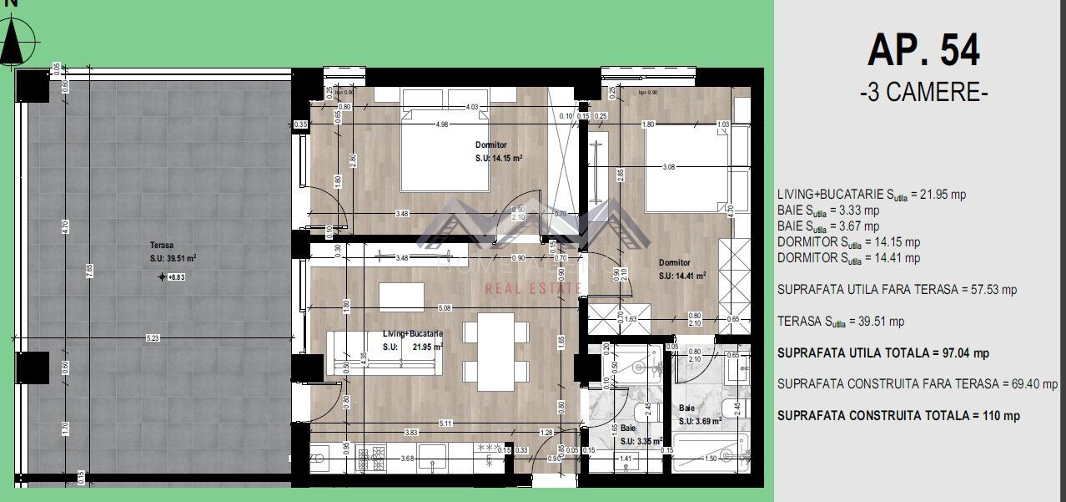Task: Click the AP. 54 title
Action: (923, 50)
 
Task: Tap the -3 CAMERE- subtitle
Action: (923, 92)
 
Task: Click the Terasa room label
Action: (162, 245)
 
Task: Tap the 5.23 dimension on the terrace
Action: (153, 337)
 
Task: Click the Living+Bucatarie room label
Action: (412, 333)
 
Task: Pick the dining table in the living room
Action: (496, 352)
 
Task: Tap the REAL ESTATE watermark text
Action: (534, 288)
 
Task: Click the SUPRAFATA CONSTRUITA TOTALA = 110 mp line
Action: (898, 415)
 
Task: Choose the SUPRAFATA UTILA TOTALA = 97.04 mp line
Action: (882, 352)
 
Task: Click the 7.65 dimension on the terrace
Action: (88, 267)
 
